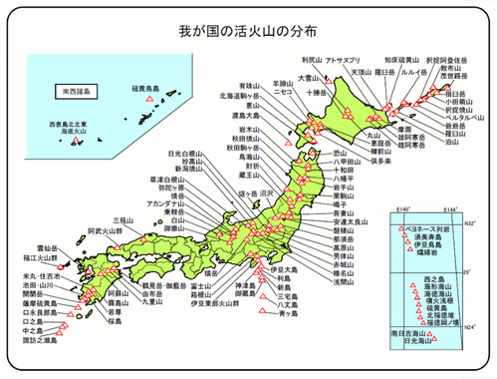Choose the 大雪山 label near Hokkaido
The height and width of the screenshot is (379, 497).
tap(307, 77)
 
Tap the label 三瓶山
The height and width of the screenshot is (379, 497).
tap(124, 219)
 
